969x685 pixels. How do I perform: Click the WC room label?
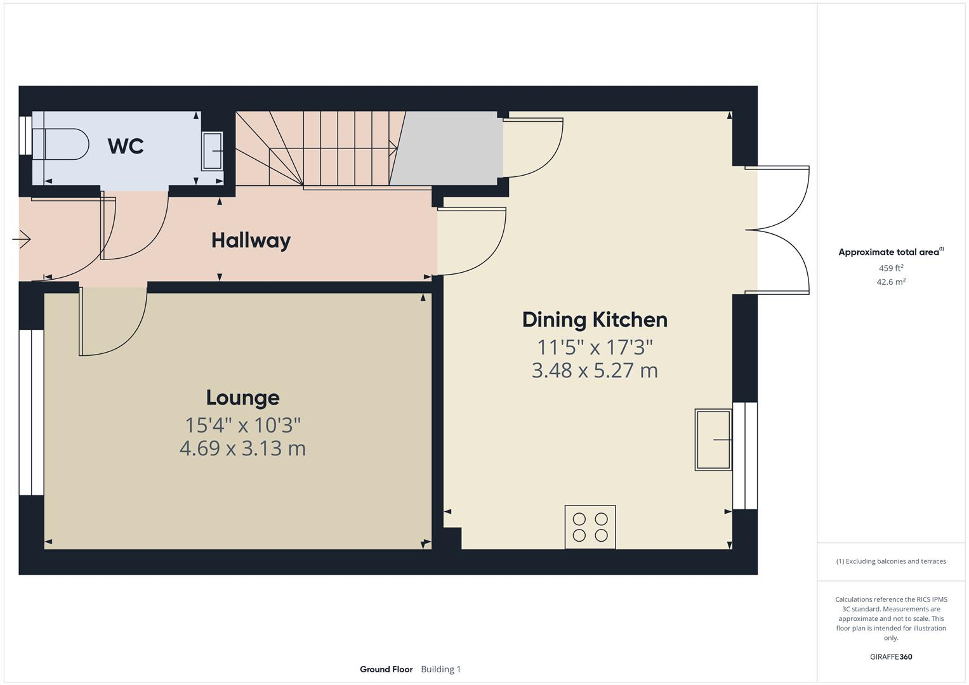tap(126, 146)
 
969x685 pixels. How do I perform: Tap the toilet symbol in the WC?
tap(61, 144)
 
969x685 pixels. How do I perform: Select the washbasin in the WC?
tap(213, 151)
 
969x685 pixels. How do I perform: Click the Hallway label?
tap(251, 240)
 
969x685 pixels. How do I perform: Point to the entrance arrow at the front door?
tap(22, 239)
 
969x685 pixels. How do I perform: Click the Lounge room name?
tap(242, 398)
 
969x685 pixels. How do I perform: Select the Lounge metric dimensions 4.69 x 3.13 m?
tap(242, 448)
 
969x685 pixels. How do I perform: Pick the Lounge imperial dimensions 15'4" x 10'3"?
tap(242, 424)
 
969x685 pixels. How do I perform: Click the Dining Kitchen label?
tap(595, 320)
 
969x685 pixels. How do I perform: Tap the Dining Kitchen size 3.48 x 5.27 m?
tap(595, 370)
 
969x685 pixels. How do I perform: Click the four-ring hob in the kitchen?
tap(590, 526)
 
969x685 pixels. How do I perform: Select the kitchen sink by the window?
tap(713, 440)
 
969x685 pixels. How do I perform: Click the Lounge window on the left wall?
tap(31, 412)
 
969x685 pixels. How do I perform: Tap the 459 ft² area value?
tap(891, 268)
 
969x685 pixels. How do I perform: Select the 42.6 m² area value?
tap(891, 282)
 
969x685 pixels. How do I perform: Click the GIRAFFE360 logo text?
tap(891, 656)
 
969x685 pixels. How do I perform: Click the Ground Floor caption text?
tap(386, 669)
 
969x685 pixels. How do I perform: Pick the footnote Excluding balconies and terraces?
tap(891, 561)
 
